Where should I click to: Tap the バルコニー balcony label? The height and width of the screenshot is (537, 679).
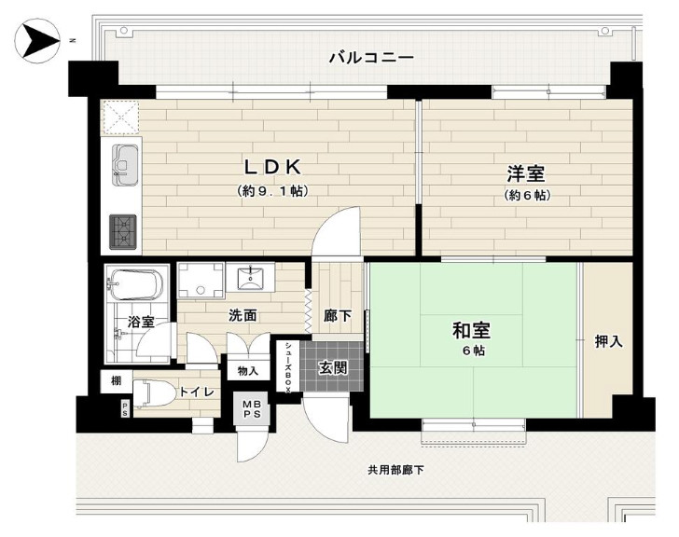370,58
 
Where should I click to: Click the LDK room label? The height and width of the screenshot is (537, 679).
271,168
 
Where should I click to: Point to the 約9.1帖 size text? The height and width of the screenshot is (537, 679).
271,191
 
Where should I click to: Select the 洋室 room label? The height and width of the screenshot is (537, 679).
526,173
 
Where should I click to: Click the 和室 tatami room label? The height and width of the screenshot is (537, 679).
472,330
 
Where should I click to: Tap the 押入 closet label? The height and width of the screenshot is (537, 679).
608,342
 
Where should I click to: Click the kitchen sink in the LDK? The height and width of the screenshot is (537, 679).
125,161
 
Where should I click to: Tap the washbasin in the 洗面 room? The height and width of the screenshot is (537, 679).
250,278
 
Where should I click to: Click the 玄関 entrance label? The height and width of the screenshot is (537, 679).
332,367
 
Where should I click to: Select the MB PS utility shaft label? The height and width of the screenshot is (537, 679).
251,408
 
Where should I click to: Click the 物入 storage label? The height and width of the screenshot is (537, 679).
249,371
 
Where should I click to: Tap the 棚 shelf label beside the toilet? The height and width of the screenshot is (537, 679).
116,380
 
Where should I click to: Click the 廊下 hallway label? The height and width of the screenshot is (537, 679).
338,316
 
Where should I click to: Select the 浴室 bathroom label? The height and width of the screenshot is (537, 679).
141,323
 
